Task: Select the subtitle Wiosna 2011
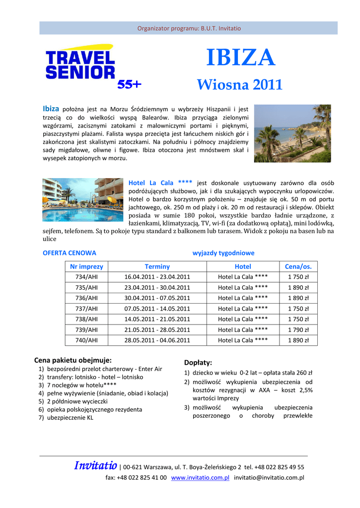point(240,85)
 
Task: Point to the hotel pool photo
point(83,200)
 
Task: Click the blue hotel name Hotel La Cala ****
point(160,183)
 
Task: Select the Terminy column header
point(157,266)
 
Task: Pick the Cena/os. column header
point(298,266)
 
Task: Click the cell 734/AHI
point(86,277)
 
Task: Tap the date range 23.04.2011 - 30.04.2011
point(157,287)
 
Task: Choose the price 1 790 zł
point(298,329)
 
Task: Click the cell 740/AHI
point(86,340)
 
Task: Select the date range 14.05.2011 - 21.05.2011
point(157,319)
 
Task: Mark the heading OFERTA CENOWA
point(70,253)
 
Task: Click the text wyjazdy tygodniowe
point(223,253)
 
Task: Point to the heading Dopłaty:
point(198,363)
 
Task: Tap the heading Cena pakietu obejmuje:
point(72,360)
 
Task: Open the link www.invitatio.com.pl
point(200,478)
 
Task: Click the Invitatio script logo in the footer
point(95,466)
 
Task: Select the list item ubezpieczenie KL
point(70,418)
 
